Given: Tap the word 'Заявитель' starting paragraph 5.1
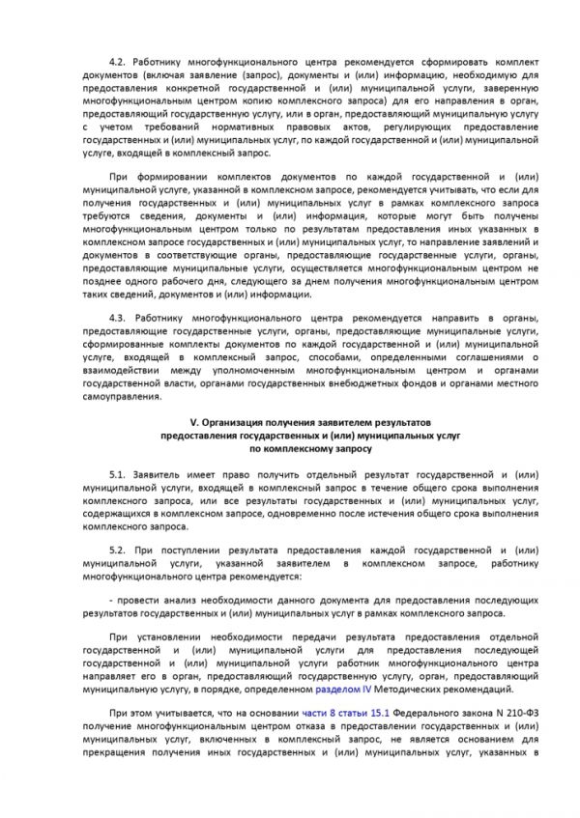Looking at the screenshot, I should pos(158,477).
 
